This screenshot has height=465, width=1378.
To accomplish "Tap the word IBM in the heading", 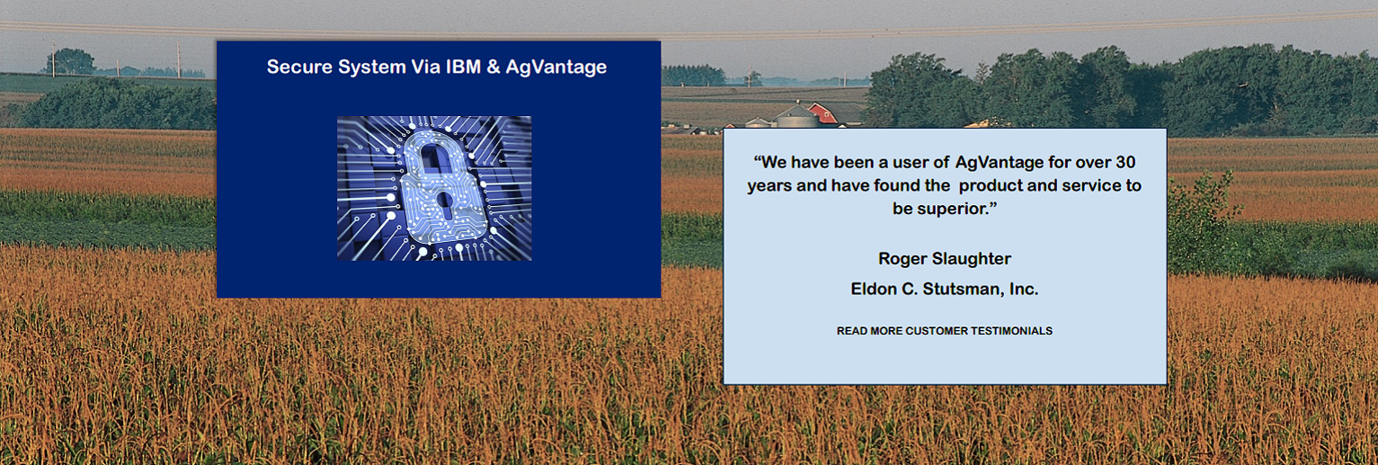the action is coord(463,67).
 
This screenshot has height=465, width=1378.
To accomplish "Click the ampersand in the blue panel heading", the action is coord(493,67).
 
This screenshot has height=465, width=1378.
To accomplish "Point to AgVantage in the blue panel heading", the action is coord(556,67).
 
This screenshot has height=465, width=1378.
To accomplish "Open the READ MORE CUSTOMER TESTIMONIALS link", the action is coord(945,331).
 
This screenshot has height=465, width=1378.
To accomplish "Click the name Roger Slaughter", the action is coord(945,259).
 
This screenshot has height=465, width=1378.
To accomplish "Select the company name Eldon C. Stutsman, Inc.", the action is coord(945,289).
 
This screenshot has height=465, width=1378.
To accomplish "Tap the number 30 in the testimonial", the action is coord(1125,162).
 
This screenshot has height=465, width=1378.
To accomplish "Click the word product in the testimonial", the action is coord(990,186).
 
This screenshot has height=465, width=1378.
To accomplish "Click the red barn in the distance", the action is coord(822,113).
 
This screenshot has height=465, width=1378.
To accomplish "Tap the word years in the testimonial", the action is coord(769,186).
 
